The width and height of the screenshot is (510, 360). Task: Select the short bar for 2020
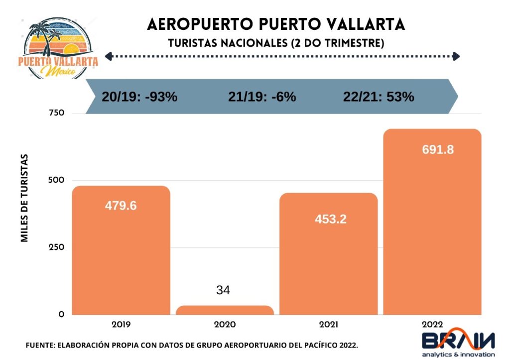point(225,310)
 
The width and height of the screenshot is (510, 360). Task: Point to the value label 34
point(223,290)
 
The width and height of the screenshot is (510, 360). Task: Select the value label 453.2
point(330,219)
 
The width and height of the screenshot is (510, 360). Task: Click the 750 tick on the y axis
point(57,113)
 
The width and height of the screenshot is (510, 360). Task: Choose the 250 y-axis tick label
point(57,247)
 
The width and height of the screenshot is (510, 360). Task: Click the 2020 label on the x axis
point(225,324)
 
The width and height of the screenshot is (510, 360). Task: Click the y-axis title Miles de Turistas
point(24,198)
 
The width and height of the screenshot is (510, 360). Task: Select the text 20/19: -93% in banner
point(139,97)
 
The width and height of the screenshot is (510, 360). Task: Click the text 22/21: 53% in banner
point(379,97)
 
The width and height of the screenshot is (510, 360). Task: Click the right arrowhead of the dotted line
point(456,57)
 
